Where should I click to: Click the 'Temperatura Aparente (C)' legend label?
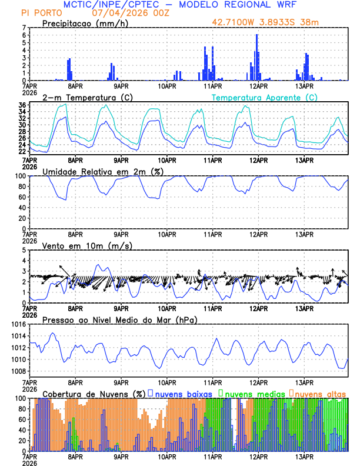pyautogui.click(x=264, y=97)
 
